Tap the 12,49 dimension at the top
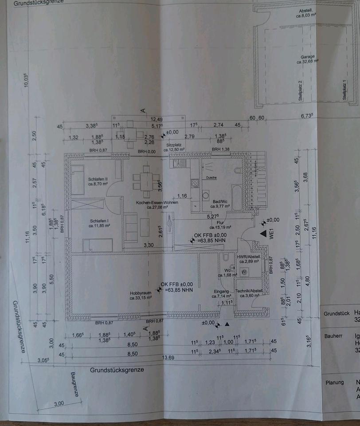(x=157, y=119)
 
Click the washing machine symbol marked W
(x=244, y=272)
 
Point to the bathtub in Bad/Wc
(x=237, y=198)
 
